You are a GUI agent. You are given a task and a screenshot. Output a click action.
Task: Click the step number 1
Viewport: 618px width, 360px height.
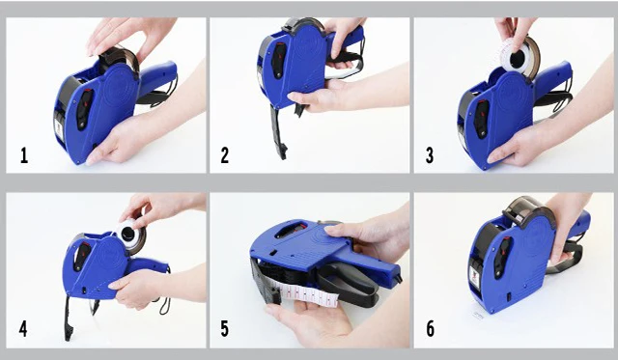tap(23, 155)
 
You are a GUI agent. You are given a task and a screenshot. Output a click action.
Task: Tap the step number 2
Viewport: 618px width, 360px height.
tap(225, 155)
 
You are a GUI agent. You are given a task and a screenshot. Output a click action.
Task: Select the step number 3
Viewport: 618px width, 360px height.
tap(430, 155)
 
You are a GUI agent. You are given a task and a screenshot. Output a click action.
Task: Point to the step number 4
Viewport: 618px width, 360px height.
tap(23, 329)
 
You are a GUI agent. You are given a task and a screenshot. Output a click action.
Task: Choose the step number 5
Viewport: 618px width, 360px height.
tap(225, 329)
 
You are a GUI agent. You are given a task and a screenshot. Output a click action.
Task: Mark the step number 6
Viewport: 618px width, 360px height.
tap(430, 329)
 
